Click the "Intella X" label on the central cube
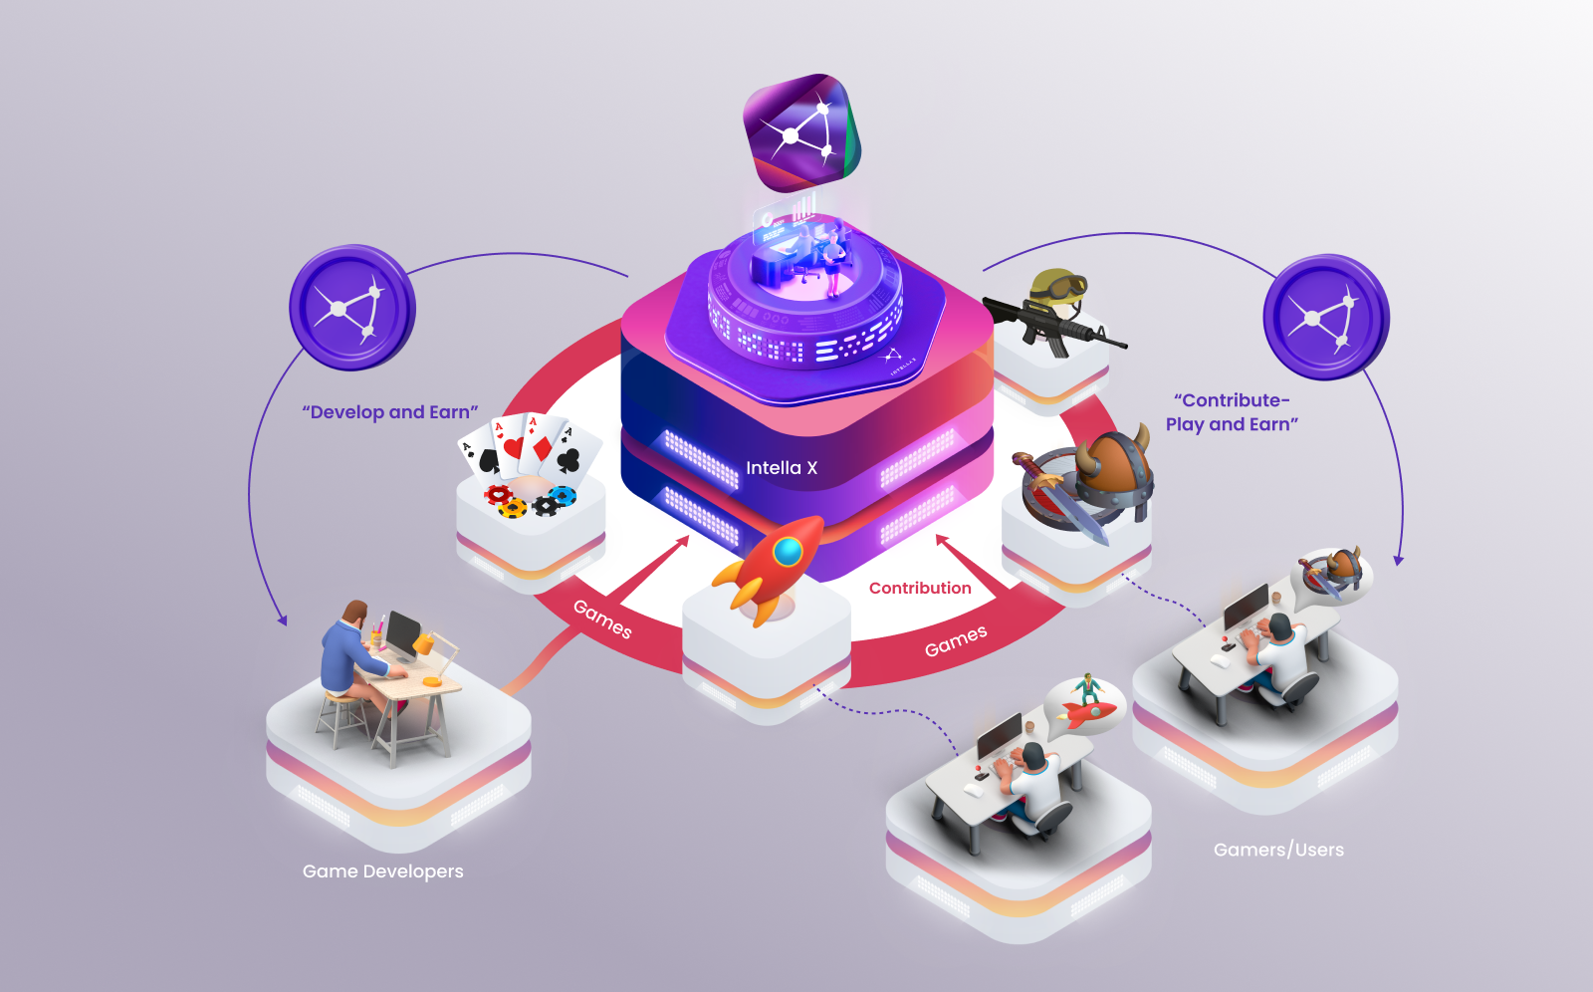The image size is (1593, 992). (782, 468)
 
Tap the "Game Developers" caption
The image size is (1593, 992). (383, 871)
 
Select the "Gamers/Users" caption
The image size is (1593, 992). (1278, 850)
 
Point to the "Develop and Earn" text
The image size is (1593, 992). (390, 412)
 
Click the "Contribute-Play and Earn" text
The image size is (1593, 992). (1233, 412)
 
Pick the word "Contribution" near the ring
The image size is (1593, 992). (920, 588)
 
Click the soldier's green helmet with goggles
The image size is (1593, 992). (1058, 289)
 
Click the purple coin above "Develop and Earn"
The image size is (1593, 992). (351, 308)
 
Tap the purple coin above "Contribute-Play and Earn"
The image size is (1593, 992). (1325, 317)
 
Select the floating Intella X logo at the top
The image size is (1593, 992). (802, 132)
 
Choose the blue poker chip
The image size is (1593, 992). (564, 495)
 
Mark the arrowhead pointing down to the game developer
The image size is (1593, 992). (283, 620)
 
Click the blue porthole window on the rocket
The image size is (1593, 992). (788, 550)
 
